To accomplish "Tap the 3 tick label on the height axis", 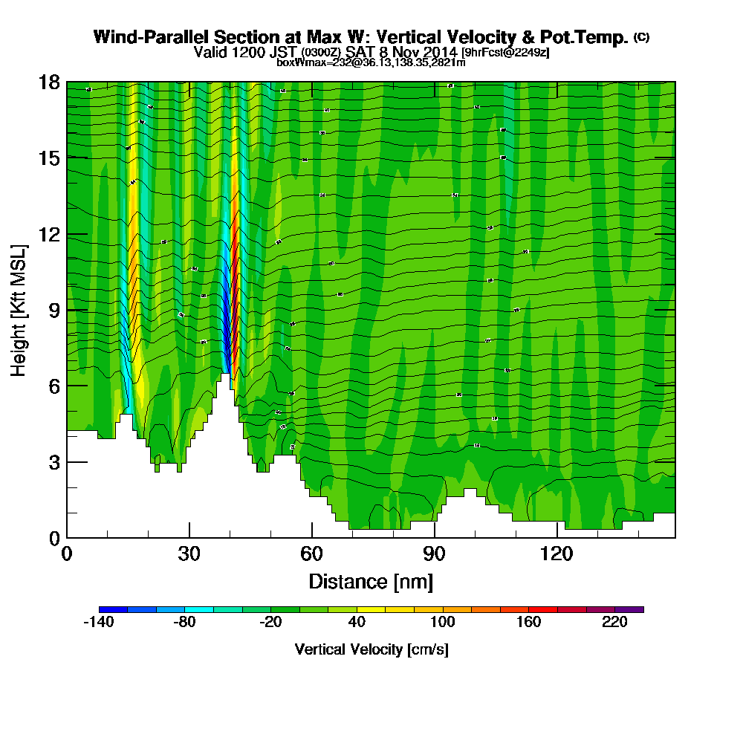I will (53, 462).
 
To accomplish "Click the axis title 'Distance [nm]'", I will (371, 580).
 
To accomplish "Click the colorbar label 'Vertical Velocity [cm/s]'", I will (371, 649).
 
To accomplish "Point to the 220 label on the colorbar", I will (615, 623).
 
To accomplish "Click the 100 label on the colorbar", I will (442, 623).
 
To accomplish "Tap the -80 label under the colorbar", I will (184, 623).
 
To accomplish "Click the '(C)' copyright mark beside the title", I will (641, 36).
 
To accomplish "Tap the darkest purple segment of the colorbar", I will (629, 609).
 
